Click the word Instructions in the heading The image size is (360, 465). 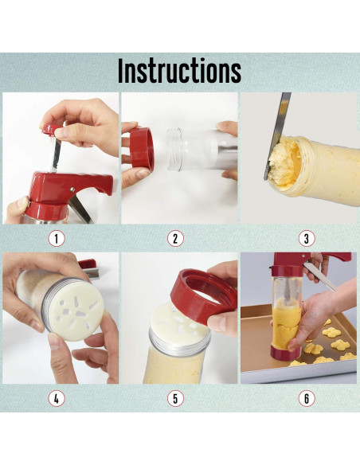(179, 71)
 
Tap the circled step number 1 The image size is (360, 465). (57, 238)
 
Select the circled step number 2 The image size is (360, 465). (175, 238)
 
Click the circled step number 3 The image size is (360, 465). (307, 238)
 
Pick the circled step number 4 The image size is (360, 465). (57, 399)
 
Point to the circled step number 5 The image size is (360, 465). (175, 399)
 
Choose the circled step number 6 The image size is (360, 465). (307, 399)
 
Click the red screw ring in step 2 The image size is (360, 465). (143, 149)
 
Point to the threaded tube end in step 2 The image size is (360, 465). (174, 150)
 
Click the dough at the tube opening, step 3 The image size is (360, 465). (284, 164)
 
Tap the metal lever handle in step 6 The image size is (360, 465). (319, 276)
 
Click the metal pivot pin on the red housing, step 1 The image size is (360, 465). (72, 189)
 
